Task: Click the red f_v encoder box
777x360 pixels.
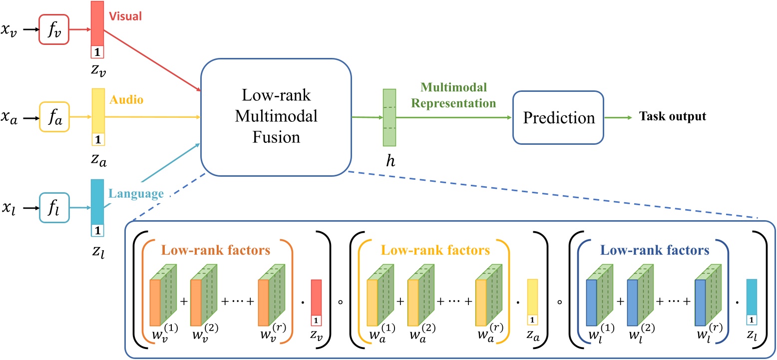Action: tap(54, 30)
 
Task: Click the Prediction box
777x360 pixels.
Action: tap(558, 118)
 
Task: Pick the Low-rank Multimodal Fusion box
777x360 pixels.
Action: tap(276, 119)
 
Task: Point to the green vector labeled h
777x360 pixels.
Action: tap(389, 118)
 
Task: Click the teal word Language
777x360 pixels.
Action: tap(135, 193)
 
